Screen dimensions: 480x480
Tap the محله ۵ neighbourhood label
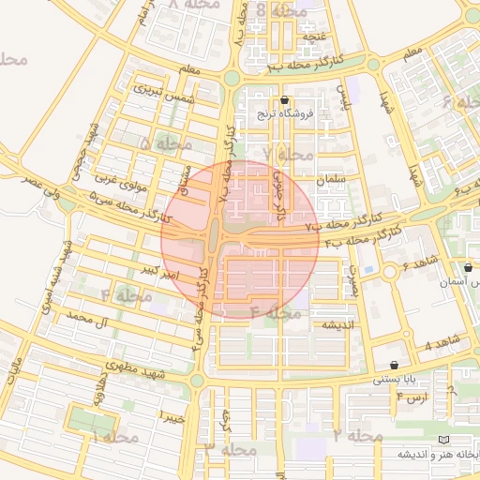[158, 143]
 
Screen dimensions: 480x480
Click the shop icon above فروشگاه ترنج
[285, 100]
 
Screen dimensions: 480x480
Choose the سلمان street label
[332, 178]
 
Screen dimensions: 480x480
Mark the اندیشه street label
[337, 325]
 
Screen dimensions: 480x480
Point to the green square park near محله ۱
[94, 423]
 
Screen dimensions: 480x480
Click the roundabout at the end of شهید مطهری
[197, 380]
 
